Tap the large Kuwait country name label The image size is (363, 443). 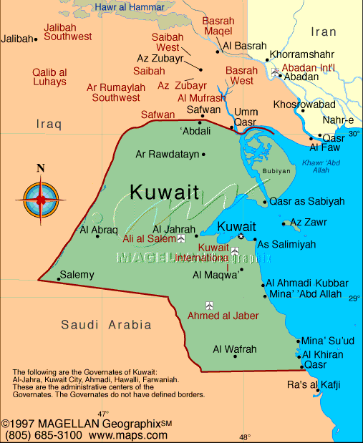pyautogui.click(x=165, y=192)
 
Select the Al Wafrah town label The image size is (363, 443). pyautogui.click(x=234, y=349)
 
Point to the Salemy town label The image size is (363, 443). pyautogui.click(x=77, y=274)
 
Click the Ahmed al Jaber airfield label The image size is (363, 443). pyautogui.click(x=223, y=316)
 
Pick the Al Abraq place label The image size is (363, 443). pyautogui.click(x=97, y=230)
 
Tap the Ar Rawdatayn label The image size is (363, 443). pyautogui.click(x=168, y=154)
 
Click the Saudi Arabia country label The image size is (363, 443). pyautogui.click(x=107, y=325)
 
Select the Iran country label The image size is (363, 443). pyautogui.click(x=324, y=31)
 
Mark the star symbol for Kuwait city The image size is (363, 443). pyautogui.click(x=241, y=237)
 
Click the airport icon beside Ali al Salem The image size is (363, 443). pyautogui.click(x=181, y=239)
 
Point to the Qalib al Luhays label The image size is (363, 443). pyautogui.click(x=49, y=77)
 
